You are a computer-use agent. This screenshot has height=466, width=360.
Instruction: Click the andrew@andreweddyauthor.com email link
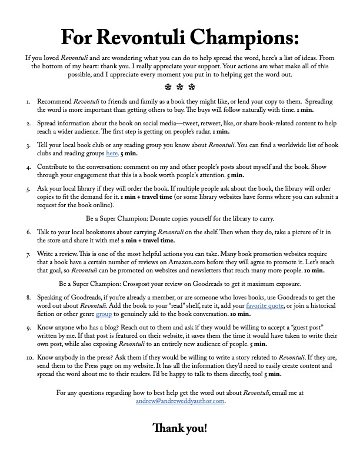coord(180,401)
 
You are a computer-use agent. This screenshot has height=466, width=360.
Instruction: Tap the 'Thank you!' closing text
coord(180,428)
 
